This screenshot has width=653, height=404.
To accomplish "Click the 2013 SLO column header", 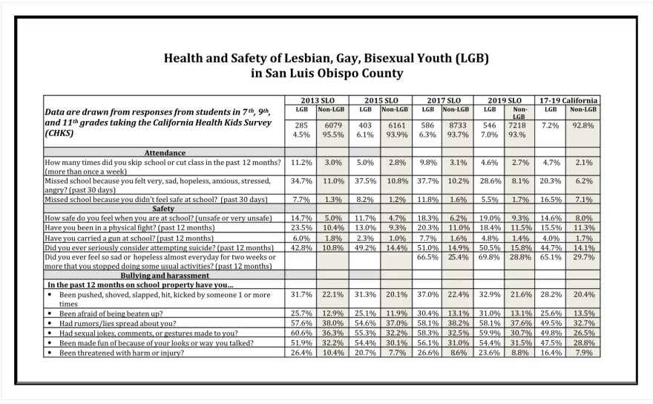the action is (x=318, y=100).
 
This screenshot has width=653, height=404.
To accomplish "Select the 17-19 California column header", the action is (x=568, y=100).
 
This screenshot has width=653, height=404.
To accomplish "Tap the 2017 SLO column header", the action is (x=444, y=100).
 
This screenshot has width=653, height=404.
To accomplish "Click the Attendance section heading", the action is (x=165, y=152).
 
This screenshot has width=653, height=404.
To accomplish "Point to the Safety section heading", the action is (x=163, y=209).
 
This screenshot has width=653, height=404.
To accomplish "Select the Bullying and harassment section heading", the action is (x=165, y=276).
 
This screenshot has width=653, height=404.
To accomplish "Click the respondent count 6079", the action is (x=332, y=126).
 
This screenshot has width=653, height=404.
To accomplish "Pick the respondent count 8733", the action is (x=458, y=126).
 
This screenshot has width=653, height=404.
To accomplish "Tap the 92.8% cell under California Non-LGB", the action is (x=583, y=126).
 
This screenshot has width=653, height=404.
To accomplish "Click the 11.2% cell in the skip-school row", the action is (x=301, y=163).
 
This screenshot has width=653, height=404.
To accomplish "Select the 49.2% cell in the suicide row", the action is (x=365, y=247).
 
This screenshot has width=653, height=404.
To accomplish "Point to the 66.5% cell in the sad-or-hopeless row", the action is (x=427, y=257).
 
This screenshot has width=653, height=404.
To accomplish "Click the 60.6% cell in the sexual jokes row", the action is (x=301, y=333).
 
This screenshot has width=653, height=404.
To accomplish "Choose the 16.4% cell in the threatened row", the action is (x=551, y=353).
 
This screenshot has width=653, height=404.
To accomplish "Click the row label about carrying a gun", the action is (x=129, y=238).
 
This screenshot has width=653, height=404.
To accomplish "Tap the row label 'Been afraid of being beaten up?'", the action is (x=111, y=313).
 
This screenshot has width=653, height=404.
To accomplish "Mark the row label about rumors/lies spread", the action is (x=117, y=324).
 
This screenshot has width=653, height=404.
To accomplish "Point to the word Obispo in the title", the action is (x=338, y=74).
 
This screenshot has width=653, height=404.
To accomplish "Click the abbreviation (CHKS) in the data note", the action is (x=59, y=134).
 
